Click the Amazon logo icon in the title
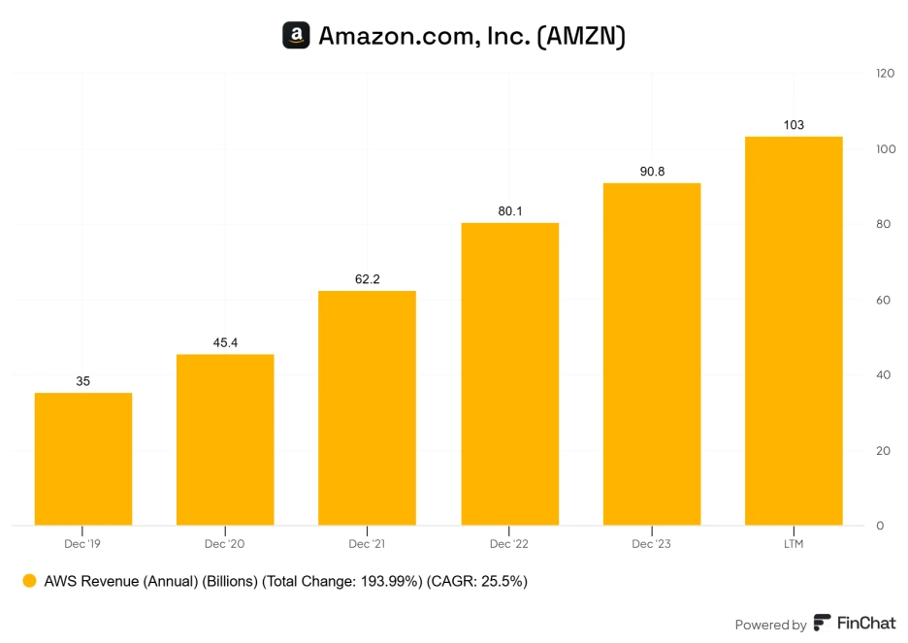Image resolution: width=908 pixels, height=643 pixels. (296, 36)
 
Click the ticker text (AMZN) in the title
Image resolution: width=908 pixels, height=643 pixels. (582, 36)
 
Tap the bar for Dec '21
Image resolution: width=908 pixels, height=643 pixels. (367, 407)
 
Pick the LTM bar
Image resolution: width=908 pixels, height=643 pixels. (794, 331)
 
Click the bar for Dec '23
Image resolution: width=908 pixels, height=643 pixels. (652, 354)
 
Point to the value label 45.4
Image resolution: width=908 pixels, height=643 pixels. (225, 342)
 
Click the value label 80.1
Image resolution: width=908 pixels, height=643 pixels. (509, 210)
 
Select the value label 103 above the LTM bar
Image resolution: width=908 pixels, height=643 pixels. (794, 125)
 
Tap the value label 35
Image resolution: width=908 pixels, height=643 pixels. (83, 381)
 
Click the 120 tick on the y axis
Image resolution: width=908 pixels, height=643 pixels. (885, 73)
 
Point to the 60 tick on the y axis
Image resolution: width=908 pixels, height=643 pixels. (885, 300)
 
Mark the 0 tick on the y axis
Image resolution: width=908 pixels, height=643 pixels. (880, 526)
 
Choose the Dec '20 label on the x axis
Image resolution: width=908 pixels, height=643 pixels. (225, 544)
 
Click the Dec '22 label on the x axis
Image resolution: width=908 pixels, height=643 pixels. (509, 544)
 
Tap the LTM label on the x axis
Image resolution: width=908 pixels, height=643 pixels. (794, 544)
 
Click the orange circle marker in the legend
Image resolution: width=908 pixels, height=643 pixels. (29, 581)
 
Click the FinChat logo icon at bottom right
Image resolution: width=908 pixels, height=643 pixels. (822, 624)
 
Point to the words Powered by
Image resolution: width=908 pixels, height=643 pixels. (770, 625)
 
